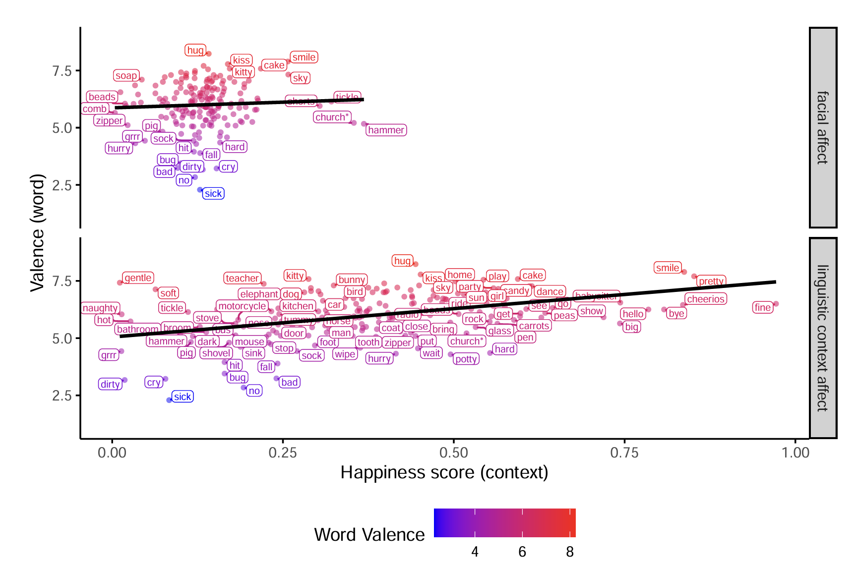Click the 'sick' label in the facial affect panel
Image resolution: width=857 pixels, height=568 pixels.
[213, 194]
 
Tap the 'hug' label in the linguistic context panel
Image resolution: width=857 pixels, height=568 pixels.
[402, 261]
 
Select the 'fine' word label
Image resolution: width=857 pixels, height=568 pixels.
[762, 307]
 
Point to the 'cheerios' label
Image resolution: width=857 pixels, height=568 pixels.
[706, 299]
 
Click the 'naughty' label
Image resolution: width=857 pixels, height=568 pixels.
[100, 308]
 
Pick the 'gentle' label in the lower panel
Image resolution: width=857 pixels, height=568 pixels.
[138, 278]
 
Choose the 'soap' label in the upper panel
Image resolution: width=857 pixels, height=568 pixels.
[126, 76]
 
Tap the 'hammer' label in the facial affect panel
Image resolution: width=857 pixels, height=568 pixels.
[386, 130]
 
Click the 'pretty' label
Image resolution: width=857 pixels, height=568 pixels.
[711, 282]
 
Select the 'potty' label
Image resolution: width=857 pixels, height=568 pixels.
[466, 359]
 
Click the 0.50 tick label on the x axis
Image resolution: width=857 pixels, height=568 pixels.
[453, 453]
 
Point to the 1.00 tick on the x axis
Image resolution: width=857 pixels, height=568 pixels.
[795, 453]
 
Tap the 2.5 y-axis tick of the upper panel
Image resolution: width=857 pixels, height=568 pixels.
[62, 186]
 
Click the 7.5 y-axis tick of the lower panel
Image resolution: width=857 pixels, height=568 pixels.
[62, 282]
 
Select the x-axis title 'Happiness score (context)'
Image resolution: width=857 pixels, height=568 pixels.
[444, 473]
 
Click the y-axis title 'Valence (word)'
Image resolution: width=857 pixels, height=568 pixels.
[38, 233]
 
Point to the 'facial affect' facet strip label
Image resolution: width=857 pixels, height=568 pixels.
[823, 128]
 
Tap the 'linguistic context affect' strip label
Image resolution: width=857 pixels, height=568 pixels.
[823, 338]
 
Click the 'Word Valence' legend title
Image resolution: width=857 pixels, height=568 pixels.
[369, 535]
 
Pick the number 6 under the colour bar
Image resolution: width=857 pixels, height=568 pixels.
[522, 552]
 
